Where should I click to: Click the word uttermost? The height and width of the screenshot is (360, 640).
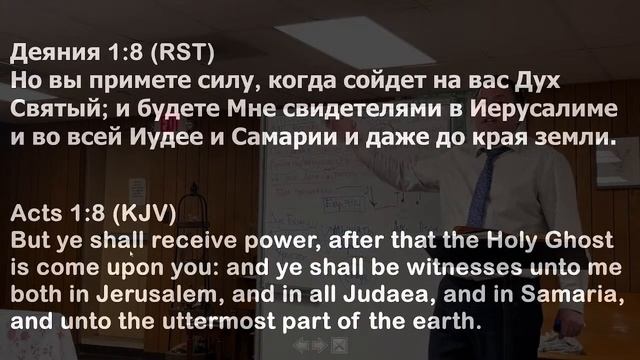point(212,325)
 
